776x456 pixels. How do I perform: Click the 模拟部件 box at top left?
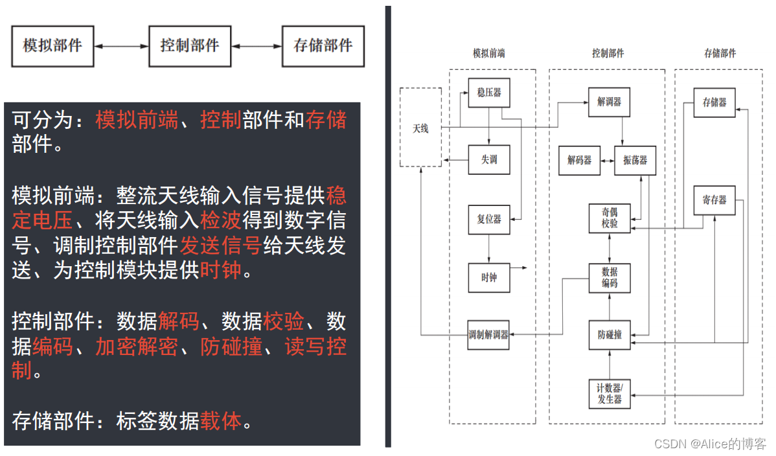click(x=52, y=46)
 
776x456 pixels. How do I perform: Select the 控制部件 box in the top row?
click(x=190, y=46)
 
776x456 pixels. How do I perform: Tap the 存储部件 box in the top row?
click(x=323, y=46)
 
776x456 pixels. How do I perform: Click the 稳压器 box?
click(x=489, y=93)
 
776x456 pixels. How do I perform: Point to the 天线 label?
click(x=421, y=128)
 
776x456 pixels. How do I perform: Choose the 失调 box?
click(x=489, y=159)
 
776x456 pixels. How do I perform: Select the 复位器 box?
click(x=489, y=219)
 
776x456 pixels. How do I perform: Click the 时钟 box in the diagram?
click(x=489, y=278)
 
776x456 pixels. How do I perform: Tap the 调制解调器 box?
click(x=488, y=335)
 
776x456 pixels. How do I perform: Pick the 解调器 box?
click(x=609, y=102)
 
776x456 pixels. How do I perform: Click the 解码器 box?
click(x=580, y=160)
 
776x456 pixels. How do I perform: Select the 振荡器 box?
click(x=635, y=160)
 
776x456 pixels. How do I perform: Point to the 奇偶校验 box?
click(x=610, y=218)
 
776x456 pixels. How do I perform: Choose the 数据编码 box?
click(x=610, y=278)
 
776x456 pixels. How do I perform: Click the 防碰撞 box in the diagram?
click(x=610, y=335)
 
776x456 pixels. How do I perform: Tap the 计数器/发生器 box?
click(x=610, y=393)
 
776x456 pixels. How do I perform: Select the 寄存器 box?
click(x=714, y=200)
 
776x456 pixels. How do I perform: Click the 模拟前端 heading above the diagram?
click(x=489, y=54)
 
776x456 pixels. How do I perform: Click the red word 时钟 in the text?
click(x=220, y=270)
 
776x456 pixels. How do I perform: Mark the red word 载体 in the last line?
click(x=220, y=421)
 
